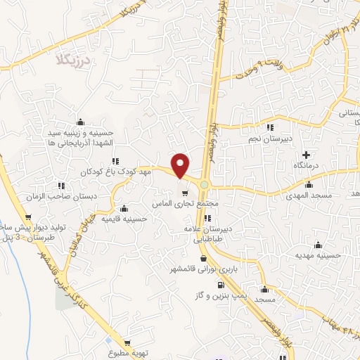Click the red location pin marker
[181, 165]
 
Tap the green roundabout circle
[205, 186]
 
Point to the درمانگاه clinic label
[307, 165]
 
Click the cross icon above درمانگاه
[307, 154]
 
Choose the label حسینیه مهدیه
[318, 256]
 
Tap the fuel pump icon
[221, 285]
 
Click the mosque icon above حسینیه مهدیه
[320, 245]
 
